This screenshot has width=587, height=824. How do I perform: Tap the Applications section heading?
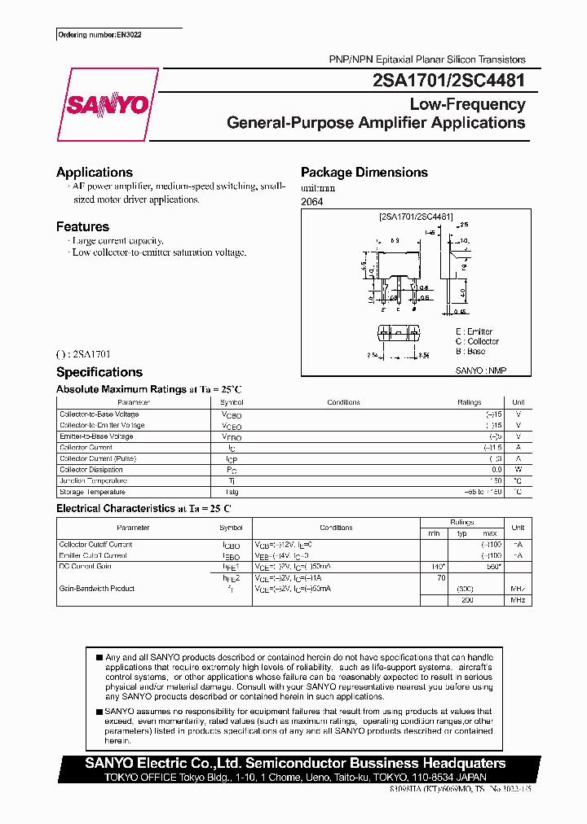point(94,172)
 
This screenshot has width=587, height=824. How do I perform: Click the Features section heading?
point(82,226)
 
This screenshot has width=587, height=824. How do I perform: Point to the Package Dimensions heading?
point(364,172)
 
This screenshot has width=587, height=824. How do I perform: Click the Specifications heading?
point(99,372)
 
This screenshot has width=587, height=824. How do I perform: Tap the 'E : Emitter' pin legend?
point(474,331)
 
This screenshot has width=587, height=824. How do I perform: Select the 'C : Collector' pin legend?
point(477,341)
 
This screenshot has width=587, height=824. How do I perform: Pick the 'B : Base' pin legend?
point(470,351)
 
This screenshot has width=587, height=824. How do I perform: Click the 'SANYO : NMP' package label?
point(481,370)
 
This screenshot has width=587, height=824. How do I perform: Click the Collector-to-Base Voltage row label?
point(99,414)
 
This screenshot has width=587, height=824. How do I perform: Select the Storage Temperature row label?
point(93,492)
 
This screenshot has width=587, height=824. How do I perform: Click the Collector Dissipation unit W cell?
point(518,470)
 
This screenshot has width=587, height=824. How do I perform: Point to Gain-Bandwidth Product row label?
point(97,589)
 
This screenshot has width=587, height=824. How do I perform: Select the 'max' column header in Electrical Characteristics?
point(489,533)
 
